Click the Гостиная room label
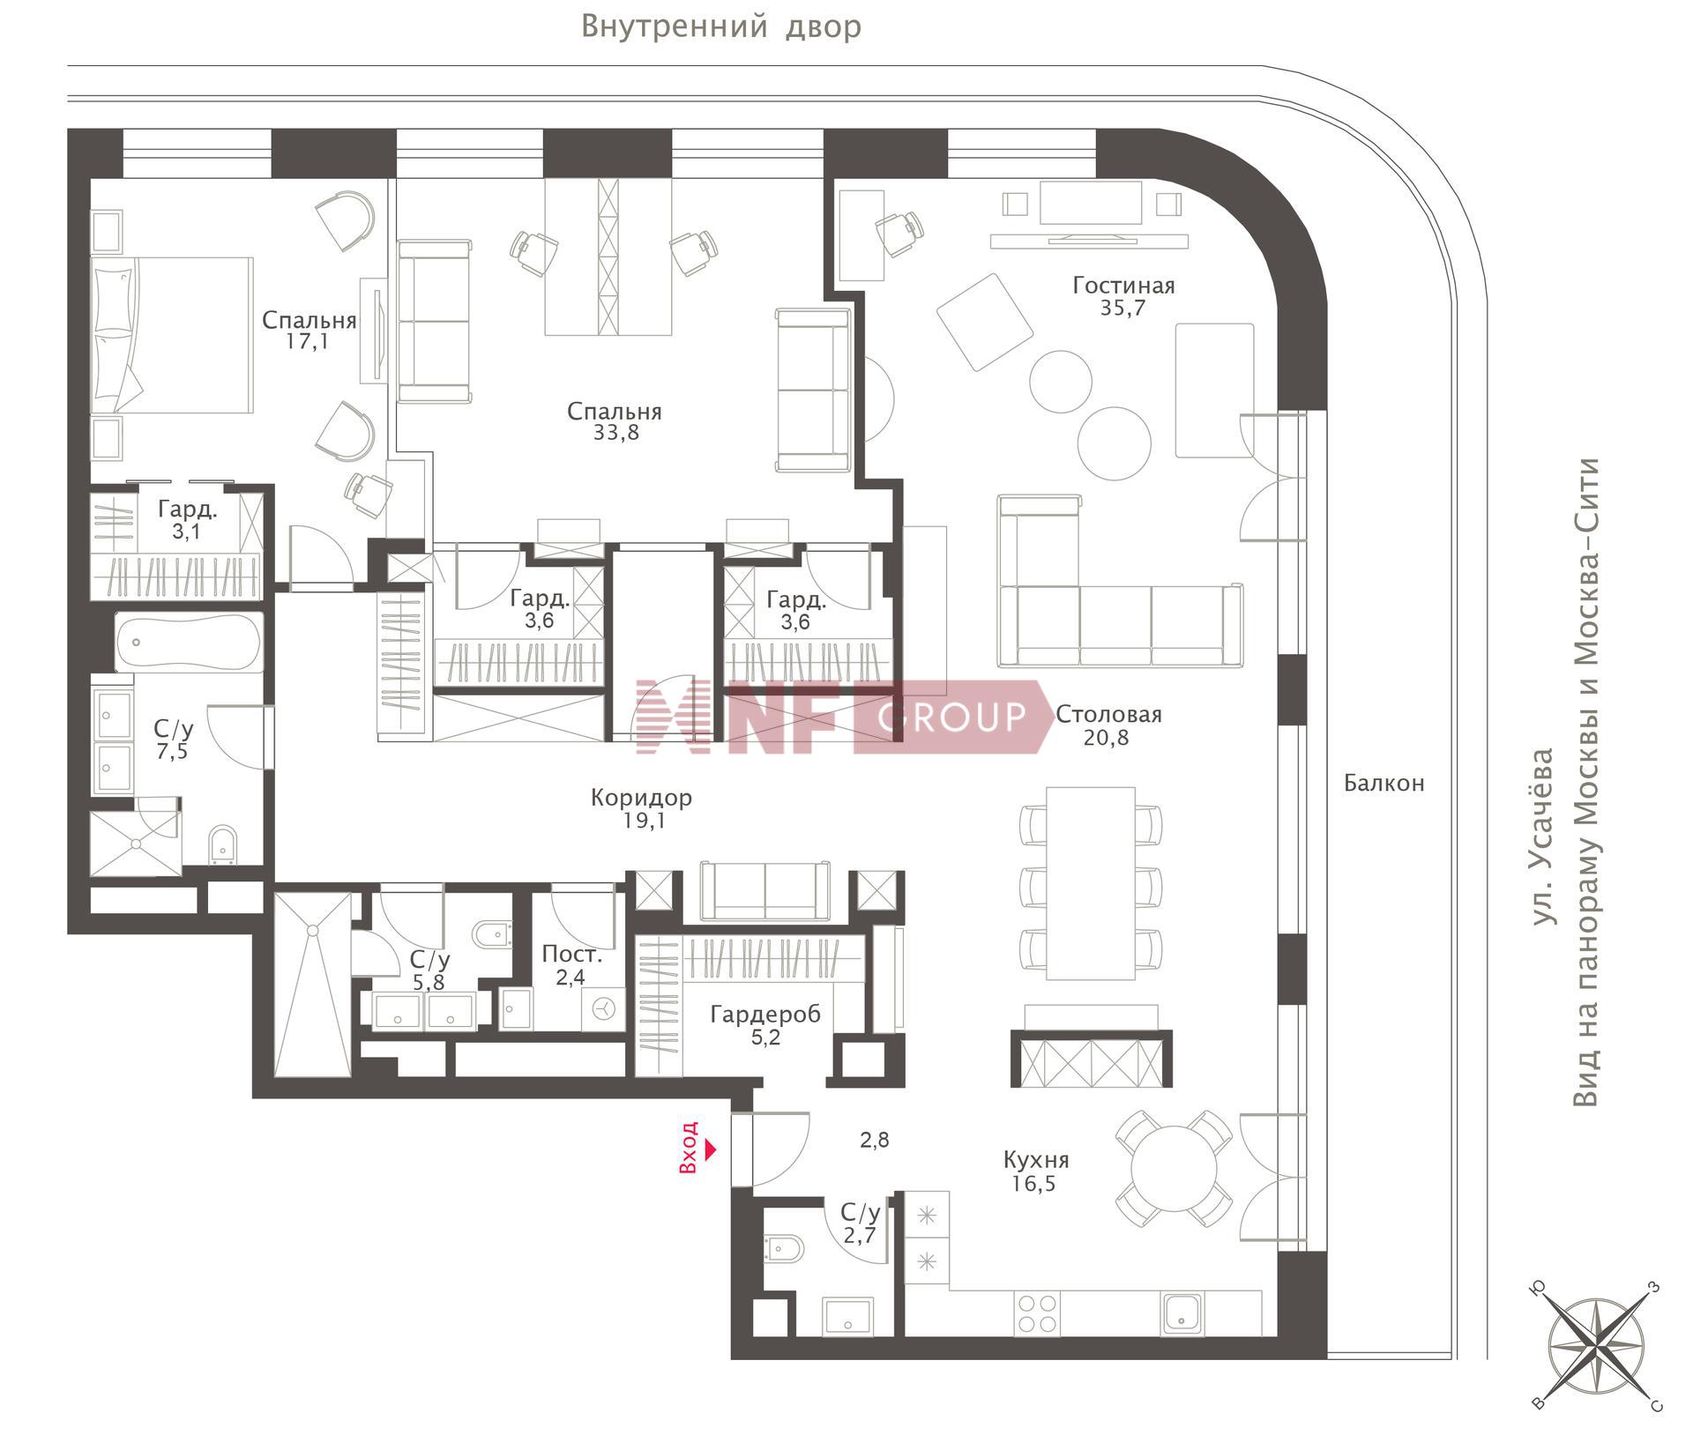pyautogui.click(x=1123, y=286)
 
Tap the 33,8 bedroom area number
pyautogui.click(x=616, y=433)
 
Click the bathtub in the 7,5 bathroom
pyautogui.click(x=189, y=643)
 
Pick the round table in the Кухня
pyautogui.click(x=1174, y=1168)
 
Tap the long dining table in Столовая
pyautogui.click(x=1090, y=883)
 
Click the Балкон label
pyautogui.click(x=1383, y=783)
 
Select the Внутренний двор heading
pyautogui.click(x=721, y=27)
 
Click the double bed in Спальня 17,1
pyautogui.click(x=173, y=335)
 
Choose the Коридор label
pyautogui.click(x=641, y=798)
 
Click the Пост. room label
pyautogui.click(x=571, y=954)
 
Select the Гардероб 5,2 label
pyautogui.click(x=765, y=1025)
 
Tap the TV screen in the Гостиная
pyautogui.click(x=1090, y=204)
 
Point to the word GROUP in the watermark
pyautogui.click(x=952, y=717)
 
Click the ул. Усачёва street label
pyautogui.click(x=1542, y=836)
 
